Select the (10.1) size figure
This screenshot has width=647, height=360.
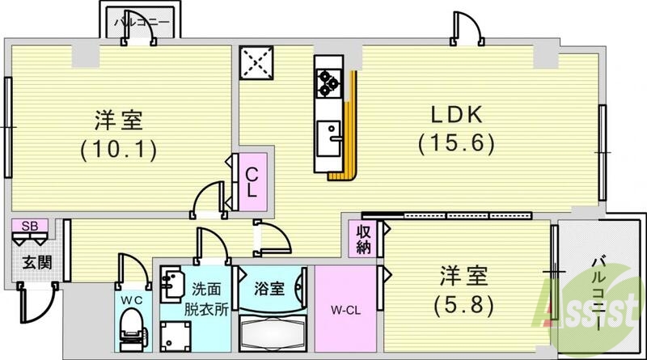coord(118,149)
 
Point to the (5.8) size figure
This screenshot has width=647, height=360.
coord(464,304)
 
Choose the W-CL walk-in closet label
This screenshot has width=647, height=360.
coord(345,307)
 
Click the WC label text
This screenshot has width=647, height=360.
coord(130,299)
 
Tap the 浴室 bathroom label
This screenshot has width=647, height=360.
coord(269,288)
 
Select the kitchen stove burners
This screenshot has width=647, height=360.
coord(328,81)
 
